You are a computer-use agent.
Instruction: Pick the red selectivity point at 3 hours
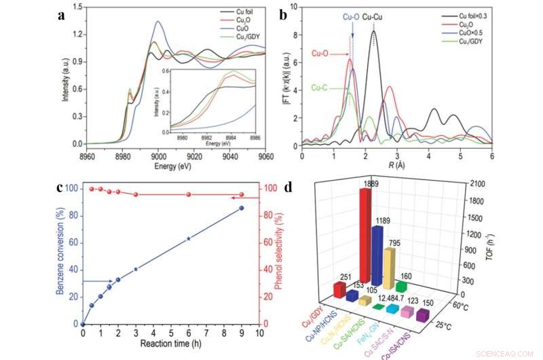[x=136, y=194]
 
